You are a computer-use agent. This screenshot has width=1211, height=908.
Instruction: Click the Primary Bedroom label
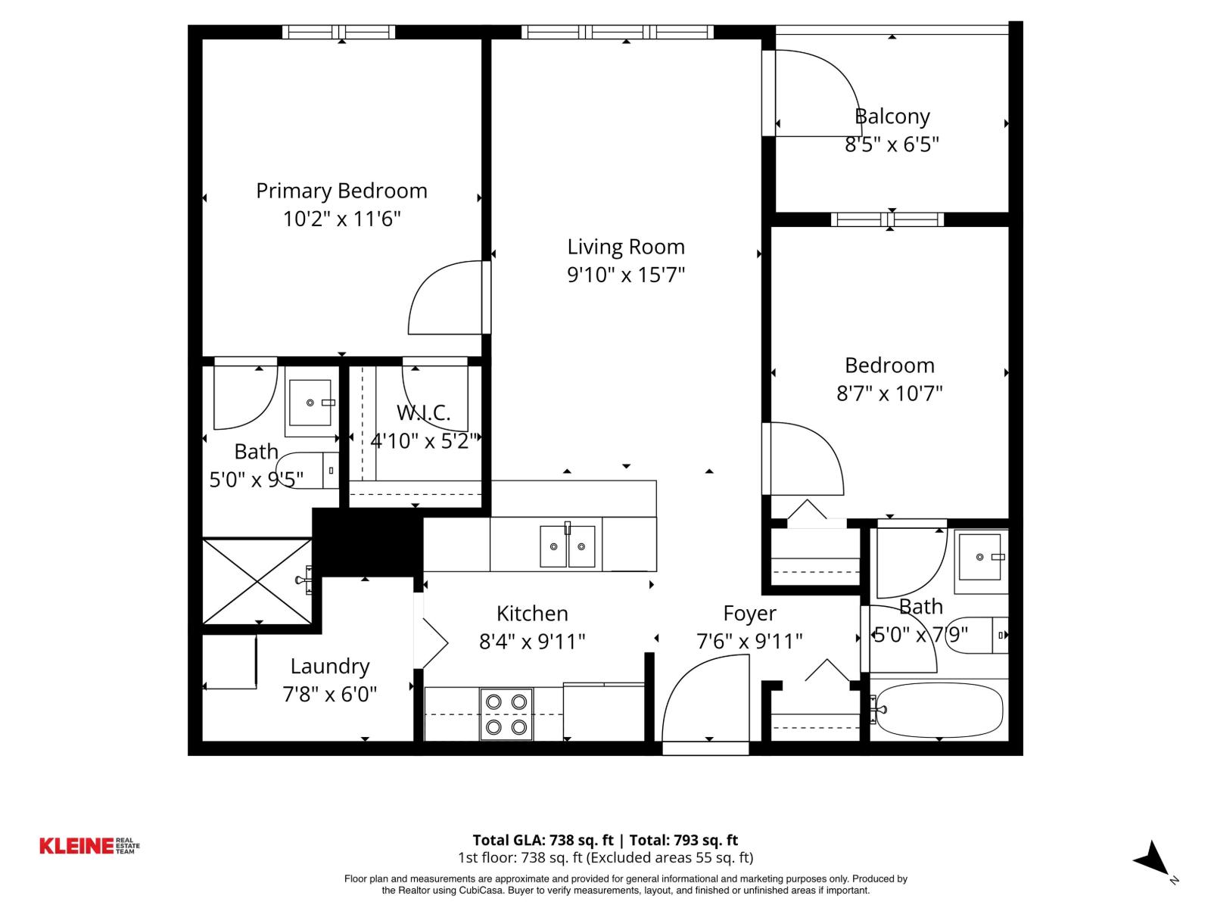tap(341, 191)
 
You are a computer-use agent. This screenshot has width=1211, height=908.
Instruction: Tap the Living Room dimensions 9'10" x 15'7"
tap(626, 275)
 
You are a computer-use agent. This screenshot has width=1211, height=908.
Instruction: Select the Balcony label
tap(892, 117)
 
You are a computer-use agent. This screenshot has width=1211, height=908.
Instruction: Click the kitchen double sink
tap(567, 546)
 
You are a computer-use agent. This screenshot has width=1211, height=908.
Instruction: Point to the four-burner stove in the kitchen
tap(506, 714)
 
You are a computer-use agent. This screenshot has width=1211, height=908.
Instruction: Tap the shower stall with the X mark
tap(257, 581)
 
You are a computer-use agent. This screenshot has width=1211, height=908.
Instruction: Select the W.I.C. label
tap(423, 413)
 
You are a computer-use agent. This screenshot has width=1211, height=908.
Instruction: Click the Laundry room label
tap(330, 667)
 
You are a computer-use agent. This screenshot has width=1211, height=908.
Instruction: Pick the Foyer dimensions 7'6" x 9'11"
tap(749, 642)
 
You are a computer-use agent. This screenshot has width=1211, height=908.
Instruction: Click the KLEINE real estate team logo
tap(89, 846)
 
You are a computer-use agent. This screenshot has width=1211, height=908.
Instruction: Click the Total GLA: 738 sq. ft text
tap(543, 840)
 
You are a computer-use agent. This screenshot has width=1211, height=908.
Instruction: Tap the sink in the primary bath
tap(310, 403)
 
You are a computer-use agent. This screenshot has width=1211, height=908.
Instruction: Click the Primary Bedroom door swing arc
tap(443, 299)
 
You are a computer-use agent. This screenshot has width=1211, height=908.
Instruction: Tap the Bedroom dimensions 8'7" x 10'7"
tap(889, 393)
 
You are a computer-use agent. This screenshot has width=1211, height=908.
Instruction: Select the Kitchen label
tap(532, 614)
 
